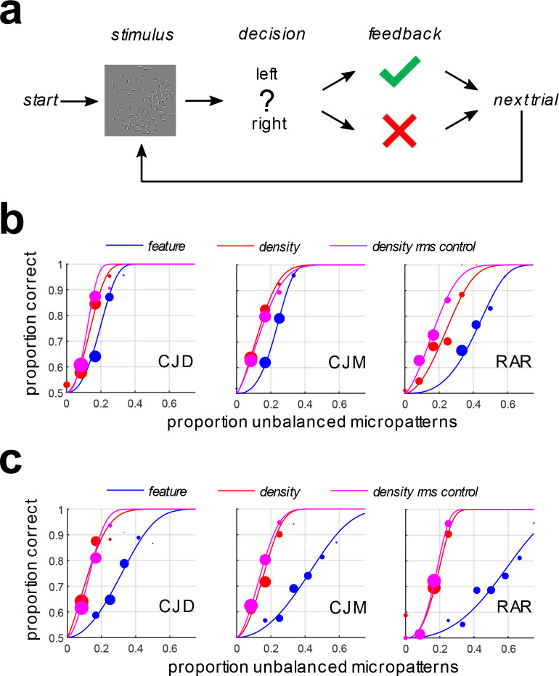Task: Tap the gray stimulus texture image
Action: [139, 99]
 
